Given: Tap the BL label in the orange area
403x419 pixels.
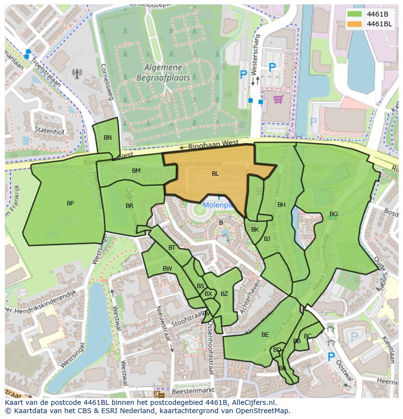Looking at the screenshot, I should (215, 174).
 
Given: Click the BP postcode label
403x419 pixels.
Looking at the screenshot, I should (70, 203).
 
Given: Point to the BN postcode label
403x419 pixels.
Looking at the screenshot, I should (108, 138).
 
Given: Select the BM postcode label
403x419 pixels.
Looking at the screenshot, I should (136, 171).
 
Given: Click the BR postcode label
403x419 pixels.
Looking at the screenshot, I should (129, 206).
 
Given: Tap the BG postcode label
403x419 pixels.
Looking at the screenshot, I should (333, 214).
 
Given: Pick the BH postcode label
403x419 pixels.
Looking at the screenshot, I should (281, 205).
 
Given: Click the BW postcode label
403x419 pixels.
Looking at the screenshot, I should (167, 269).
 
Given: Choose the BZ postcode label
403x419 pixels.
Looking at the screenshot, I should (224, 294).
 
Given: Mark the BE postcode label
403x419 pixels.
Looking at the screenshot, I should (265, 335).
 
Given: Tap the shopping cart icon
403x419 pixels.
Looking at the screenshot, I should (278, 99).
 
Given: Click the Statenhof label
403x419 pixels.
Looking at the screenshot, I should (47, 130).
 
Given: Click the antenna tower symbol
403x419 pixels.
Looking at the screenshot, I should (77, 73).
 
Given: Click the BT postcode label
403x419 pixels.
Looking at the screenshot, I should (171, 248).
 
